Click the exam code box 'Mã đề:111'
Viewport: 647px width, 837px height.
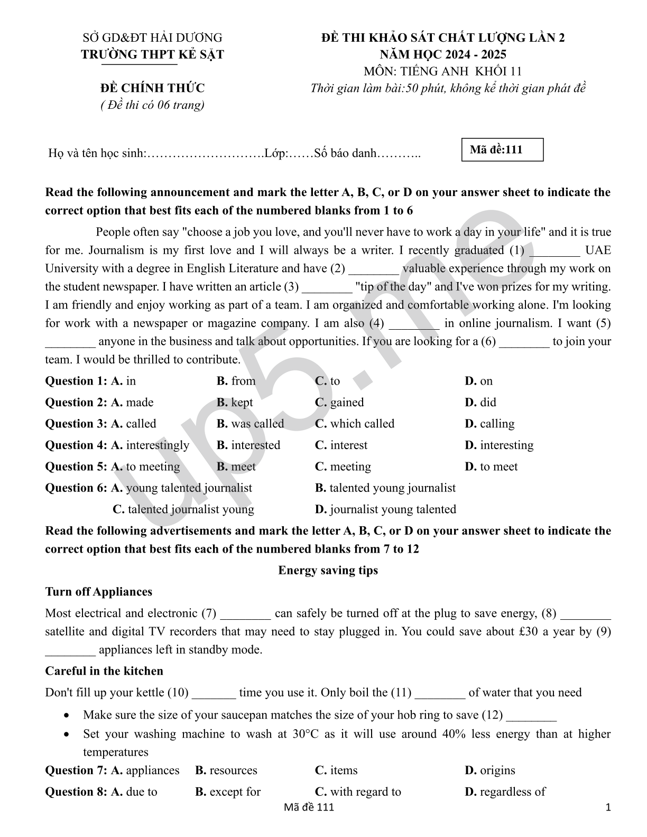click(502, 150)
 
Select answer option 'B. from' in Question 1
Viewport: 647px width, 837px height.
click(236, 381)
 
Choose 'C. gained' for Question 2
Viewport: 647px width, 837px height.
click(339, 403)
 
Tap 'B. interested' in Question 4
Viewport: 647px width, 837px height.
click(248, 445)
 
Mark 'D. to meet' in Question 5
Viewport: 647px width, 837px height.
click(491, 467)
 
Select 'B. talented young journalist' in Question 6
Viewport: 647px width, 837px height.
click(385, 488)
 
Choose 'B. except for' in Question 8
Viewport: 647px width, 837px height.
click(228, 792)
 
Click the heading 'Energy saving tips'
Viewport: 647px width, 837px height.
click(328, 570)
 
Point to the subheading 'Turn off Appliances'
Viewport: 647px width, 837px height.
click(99, 592)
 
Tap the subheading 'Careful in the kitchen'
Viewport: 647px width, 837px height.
click(104, 671)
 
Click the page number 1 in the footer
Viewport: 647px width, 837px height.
click(608, 807)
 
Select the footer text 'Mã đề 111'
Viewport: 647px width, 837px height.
click(309, 807)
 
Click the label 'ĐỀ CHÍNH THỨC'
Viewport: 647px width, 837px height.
click(153, 88)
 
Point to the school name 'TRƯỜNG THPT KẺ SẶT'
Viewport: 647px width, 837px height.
click(153, 54)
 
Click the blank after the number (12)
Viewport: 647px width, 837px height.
click(531, 716)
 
